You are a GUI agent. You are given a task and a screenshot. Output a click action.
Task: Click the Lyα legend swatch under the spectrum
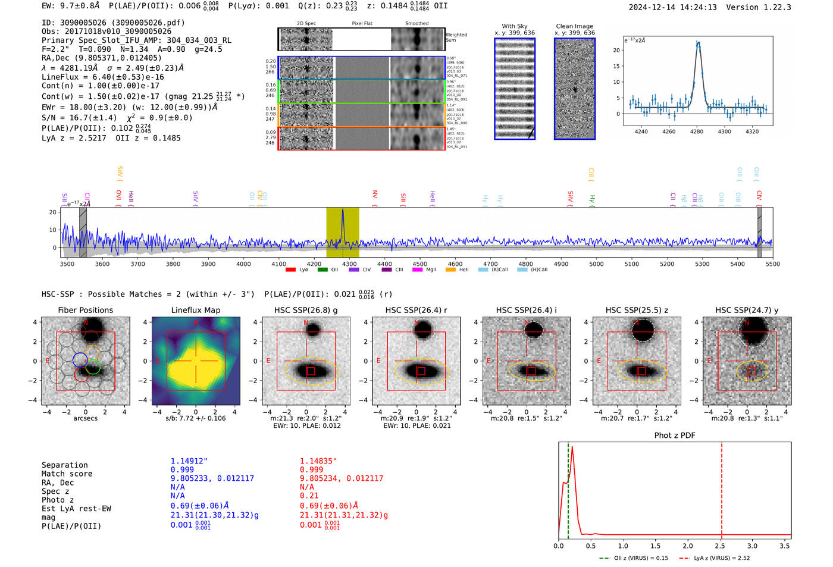(x=290, y=270)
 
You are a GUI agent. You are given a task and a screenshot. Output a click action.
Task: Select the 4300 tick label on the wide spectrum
(x=349, y=264)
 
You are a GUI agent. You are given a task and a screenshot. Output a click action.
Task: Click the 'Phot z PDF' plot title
(x=675, y=435)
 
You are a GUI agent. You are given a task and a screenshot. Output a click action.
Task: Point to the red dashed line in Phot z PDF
(x=722, y=488)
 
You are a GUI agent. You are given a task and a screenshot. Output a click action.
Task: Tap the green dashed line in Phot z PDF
(x=568, y=488)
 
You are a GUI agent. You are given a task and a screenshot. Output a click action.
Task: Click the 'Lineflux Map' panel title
(x=196, y=310)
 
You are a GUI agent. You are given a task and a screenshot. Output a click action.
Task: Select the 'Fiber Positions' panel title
(x=85, y=310)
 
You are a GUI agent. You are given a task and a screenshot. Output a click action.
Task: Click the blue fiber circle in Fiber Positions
(x=80, y=359)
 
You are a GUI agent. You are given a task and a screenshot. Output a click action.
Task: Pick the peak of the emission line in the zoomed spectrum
(x=698, y=43)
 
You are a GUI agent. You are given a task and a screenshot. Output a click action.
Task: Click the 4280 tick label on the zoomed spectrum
(x=697, y=131)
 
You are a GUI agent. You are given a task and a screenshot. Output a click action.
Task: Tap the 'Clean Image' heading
(x=574, y=26)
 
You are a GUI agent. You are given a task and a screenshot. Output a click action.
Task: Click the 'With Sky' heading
(x=515, y=26)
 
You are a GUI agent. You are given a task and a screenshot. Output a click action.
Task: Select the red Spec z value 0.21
(x=309, y=496)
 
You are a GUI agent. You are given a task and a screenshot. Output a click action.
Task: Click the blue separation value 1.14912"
(x=189, y=461)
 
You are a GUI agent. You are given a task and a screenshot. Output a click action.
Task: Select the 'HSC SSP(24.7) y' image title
(x=747, y=310)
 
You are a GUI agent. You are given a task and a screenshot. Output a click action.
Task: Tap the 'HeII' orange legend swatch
(x=450, y=270)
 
